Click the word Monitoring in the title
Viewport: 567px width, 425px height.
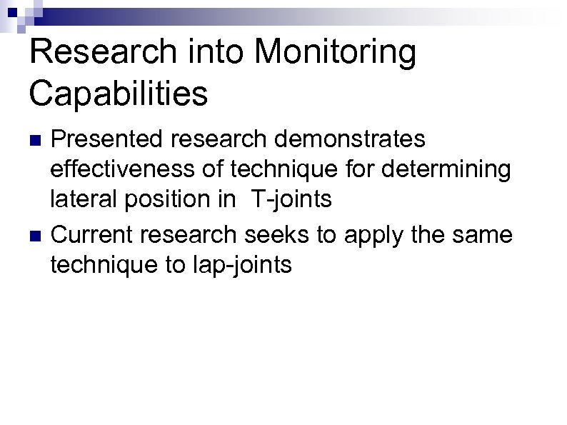(334, 54)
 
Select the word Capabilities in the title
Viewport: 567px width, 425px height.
(119, 94)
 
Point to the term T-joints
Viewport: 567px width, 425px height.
(291, 199)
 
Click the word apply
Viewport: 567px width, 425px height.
(368, 235)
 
